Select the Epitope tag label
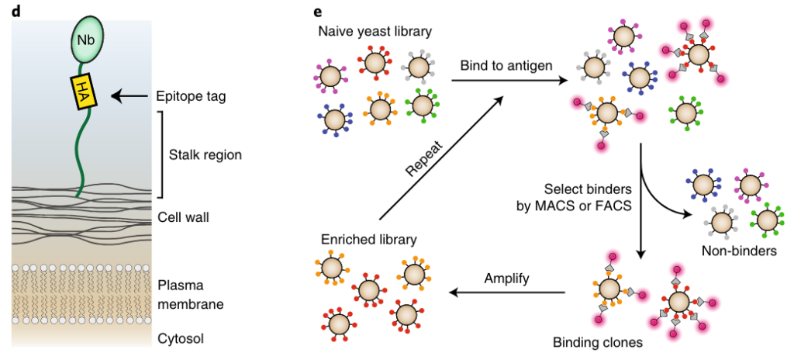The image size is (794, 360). (x=191, y=96)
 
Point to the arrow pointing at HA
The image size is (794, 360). (x=129, y=96)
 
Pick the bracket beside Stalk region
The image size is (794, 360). (x=161, y=154)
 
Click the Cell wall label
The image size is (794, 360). (x=183, y=216)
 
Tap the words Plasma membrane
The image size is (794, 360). (x=190, y=294)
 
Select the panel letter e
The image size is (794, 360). (x=317, y=11)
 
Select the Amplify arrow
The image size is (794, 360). (x=507, y=292)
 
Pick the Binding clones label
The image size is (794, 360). (x=598, y=342)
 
